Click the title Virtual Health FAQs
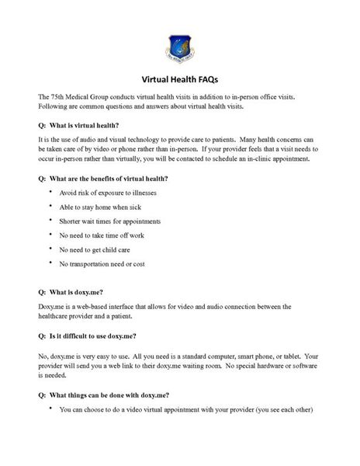[180, 79]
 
